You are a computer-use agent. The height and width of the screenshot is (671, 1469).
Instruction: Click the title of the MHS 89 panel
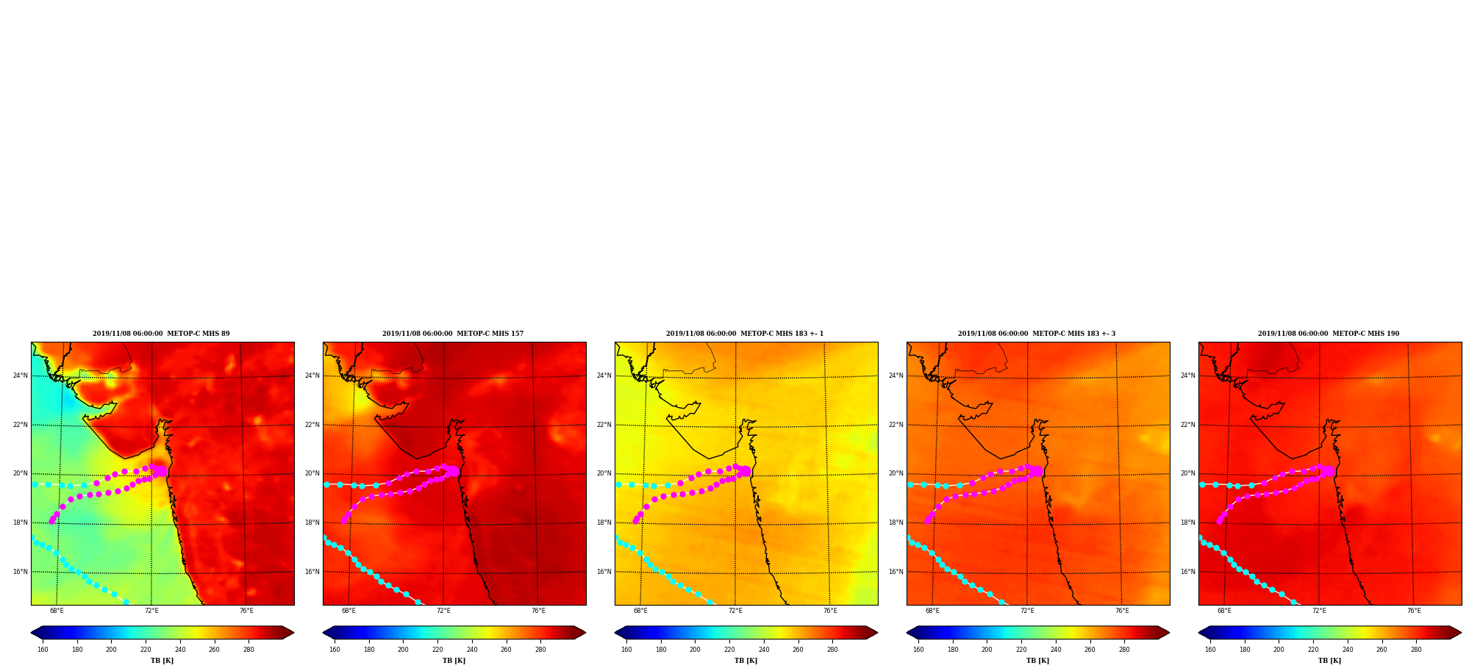coord(161,334)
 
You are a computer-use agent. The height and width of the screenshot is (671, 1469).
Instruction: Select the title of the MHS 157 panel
coord(453,334)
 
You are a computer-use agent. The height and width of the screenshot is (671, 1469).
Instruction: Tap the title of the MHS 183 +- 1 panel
coord(745,334)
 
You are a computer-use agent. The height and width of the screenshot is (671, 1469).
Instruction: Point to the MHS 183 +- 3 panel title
coord(1037,334)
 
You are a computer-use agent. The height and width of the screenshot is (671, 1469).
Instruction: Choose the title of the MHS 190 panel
coord(1329,334)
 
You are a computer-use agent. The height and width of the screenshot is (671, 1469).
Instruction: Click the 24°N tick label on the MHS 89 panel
coord(20,376)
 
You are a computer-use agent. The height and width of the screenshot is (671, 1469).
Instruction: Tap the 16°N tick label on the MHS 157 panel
coord(312,572)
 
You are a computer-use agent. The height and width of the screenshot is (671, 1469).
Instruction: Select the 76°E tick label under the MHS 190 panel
coord(1414,611)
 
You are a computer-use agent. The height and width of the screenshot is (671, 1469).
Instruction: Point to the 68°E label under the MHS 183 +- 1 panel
coord(640,611)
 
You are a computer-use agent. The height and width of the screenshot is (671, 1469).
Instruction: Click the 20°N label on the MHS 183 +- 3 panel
coord(896,473)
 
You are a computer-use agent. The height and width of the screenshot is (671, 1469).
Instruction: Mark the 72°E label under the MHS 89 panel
coord(151,611)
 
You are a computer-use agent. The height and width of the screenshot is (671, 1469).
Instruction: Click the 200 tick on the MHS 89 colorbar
coord(111,650)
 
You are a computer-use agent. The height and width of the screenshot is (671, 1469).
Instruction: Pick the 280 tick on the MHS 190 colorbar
coord(1416,650)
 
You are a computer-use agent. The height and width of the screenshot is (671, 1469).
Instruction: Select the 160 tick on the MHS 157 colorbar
coord(335,650)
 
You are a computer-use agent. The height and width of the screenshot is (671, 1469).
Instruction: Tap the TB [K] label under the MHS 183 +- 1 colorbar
coord(746,661)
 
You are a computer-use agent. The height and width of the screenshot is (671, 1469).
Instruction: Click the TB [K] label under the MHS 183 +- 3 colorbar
coord(1037,661)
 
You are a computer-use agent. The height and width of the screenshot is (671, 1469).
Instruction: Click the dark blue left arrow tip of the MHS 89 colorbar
coord(31,633)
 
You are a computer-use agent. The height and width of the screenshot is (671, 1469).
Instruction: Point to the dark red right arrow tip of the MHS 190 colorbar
coord(1461,633)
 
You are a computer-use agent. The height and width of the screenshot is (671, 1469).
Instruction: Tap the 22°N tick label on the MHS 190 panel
coord(1187,425)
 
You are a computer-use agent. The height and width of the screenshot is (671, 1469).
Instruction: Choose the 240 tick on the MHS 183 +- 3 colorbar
coord(1056,650)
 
